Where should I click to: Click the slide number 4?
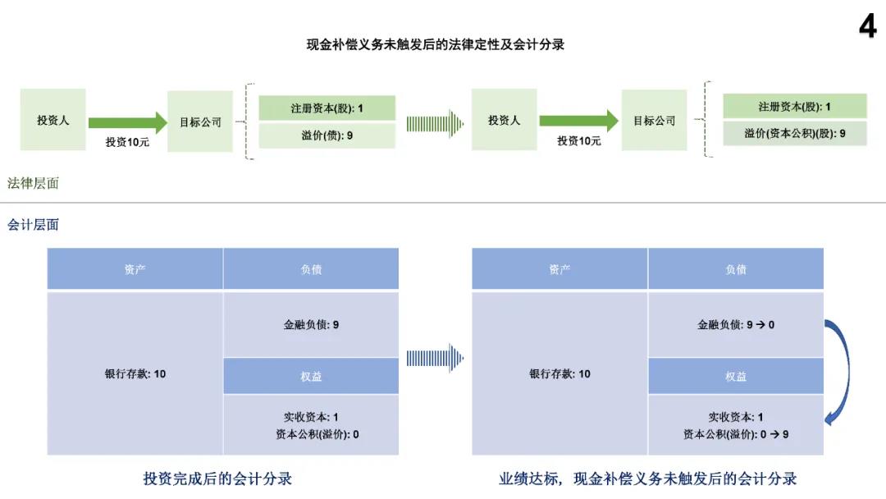[868, 26]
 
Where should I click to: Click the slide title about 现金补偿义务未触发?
[435, 44]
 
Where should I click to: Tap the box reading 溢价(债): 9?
[327, 135]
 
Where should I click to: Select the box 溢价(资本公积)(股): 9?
[794, 134]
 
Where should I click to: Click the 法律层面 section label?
[33, 183]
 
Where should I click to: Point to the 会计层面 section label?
[33, 225]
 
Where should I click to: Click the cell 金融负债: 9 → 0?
[736, 324]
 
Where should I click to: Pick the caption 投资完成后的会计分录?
[217, 478]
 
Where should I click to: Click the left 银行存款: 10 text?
[135, 373]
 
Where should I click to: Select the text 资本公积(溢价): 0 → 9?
[736, 434]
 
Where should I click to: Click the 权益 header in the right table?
[736, 376]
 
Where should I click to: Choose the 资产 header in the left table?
[135, 269]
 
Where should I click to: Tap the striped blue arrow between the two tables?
[435, 358]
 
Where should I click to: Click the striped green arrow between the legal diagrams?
[435, 124]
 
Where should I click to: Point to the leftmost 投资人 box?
[53, 120]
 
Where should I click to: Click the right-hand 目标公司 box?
[655, 121]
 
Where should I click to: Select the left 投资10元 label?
[127, 142]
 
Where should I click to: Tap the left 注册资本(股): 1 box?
[327, 108]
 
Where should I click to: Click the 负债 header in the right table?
[736, 269]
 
